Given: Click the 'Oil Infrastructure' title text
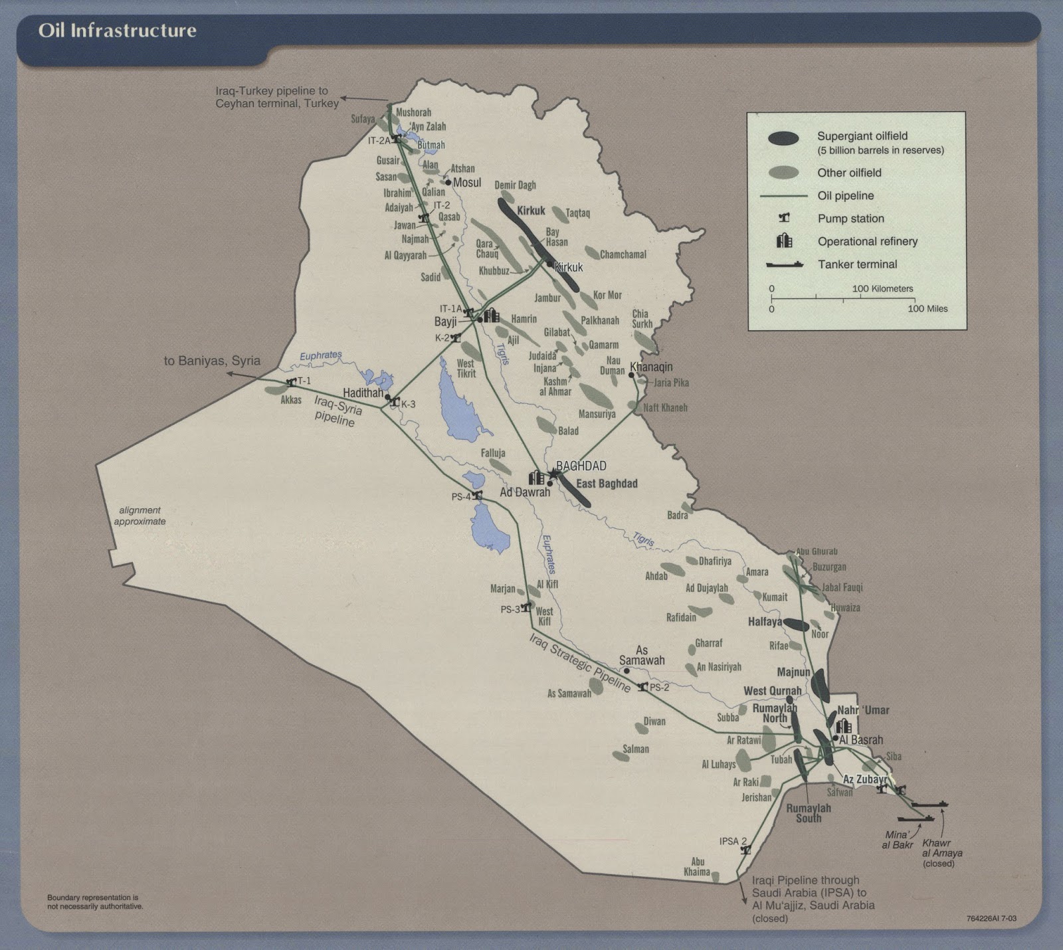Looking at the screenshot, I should [117, 31].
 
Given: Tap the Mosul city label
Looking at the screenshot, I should [466, 182].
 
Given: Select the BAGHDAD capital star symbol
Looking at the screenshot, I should [553, 474].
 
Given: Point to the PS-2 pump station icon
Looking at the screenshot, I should [642, 687].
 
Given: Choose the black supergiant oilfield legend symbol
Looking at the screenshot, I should [784, 138].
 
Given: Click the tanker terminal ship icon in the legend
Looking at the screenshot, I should [785, 264].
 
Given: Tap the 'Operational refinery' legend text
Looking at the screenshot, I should [867, 241].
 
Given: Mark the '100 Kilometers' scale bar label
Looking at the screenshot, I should [882, 289].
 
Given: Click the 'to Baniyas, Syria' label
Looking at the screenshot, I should [212, 361].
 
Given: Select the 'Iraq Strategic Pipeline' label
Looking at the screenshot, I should [580, 664].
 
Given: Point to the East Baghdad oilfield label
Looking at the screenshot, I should [607, 484].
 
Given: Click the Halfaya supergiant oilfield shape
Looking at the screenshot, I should [796, 624].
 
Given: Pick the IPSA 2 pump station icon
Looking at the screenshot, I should [745, 850].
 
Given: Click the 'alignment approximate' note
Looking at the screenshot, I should [140, 516].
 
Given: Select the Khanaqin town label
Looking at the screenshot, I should [651, 367].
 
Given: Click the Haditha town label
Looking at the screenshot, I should [363, 393].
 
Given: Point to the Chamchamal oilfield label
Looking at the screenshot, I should [623, 254].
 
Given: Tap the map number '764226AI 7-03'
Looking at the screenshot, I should [991, 919].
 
